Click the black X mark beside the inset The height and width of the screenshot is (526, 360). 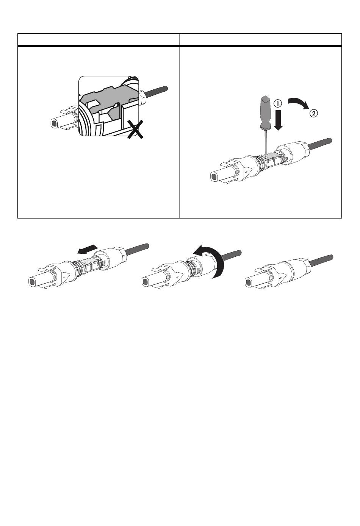coord(135,129)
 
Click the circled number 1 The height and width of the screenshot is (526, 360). coord(277,103)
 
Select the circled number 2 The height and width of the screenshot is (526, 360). coord(314,114)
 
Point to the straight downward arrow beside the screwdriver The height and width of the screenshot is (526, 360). coord(278,120)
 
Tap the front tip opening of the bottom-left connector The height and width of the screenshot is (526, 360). coord(31,281)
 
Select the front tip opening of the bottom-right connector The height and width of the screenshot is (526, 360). coord(248,281)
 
